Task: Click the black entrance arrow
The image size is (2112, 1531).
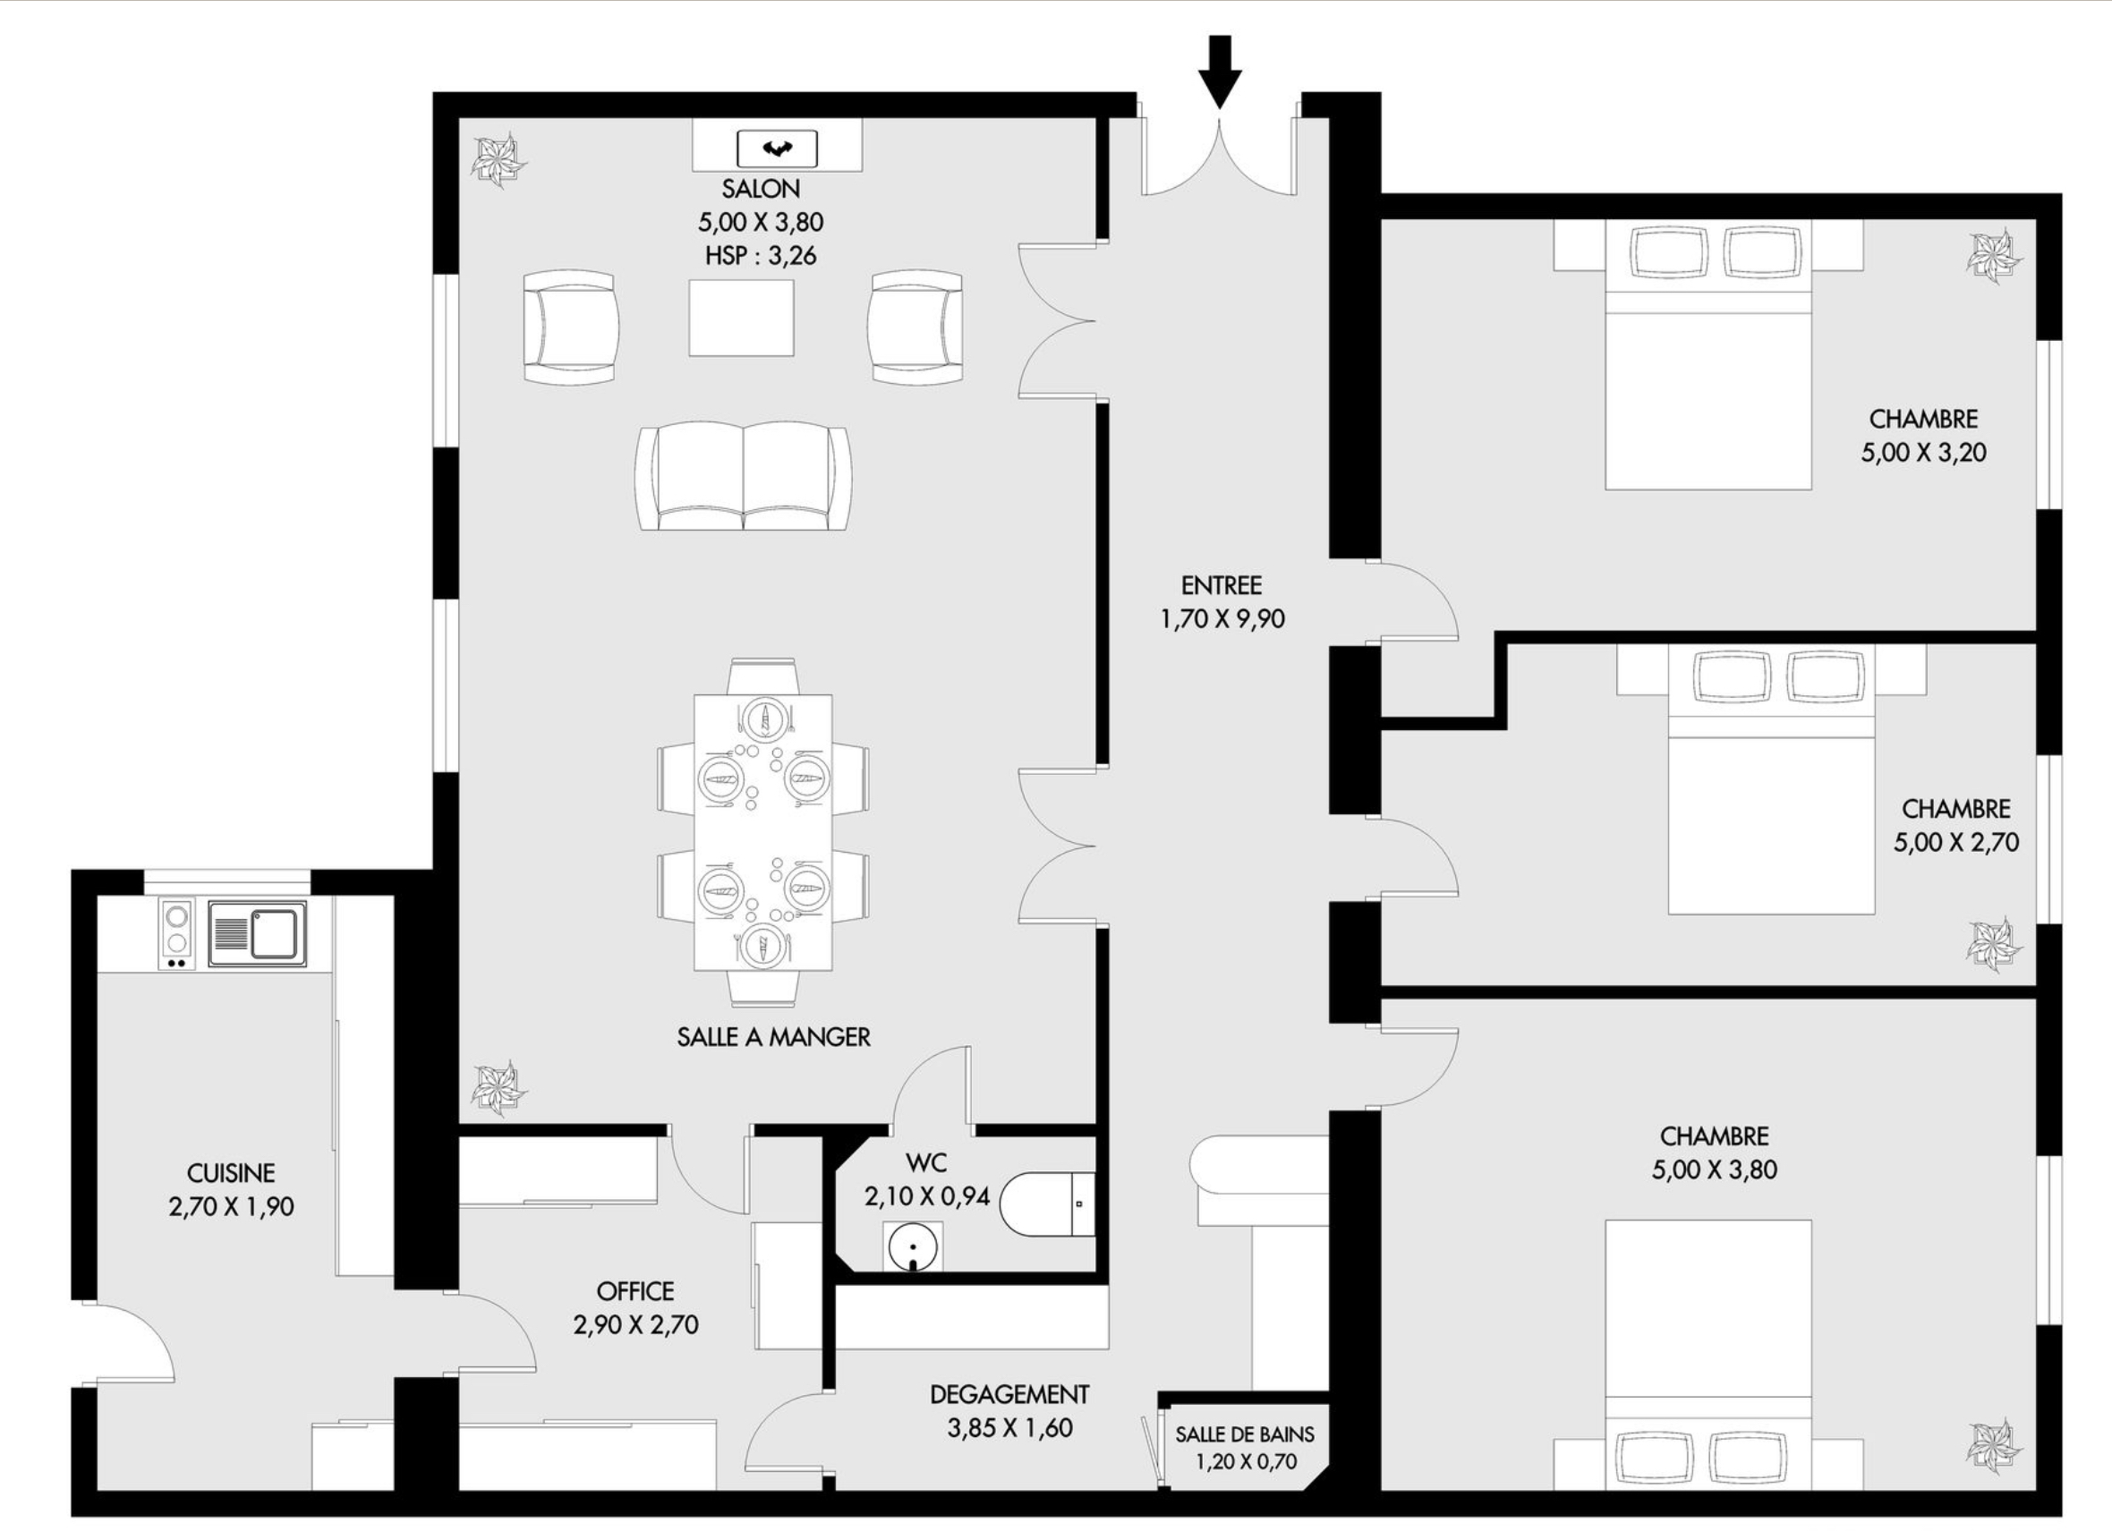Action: [x=1220, y=72]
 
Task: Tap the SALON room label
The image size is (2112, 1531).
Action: [x=761, y=189]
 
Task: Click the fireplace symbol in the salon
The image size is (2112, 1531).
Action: [x=778, y=148]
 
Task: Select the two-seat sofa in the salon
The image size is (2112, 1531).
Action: [x=743, y=476]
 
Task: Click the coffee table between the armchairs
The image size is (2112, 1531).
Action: [x=741, y=318]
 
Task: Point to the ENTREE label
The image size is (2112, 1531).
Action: [x=1222, y=586]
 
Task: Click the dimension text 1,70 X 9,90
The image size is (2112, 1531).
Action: [x=1222, y=619]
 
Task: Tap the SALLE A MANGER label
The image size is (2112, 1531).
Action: [x=774, y=1037]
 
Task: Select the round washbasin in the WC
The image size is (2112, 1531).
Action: [x=912, y=1248]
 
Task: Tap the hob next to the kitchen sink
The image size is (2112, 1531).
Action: [x=176, y=934]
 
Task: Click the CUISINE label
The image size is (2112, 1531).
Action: [x=231, y=1173]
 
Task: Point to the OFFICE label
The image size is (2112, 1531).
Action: [x=635, y=1292]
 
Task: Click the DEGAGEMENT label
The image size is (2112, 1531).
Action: [x=1009, y=1395]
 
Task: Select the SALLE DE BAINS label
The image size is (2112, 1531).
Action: [x=1245, y=1434]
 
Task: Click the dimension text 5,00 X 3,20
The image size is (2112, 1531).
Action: [x=1924, y=453]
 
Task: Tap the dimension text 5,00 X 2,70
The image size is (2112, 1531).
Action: [x=1956, y=843]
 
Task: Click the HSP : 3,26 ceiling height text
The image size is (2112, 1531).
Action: [x=761, y=256]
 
